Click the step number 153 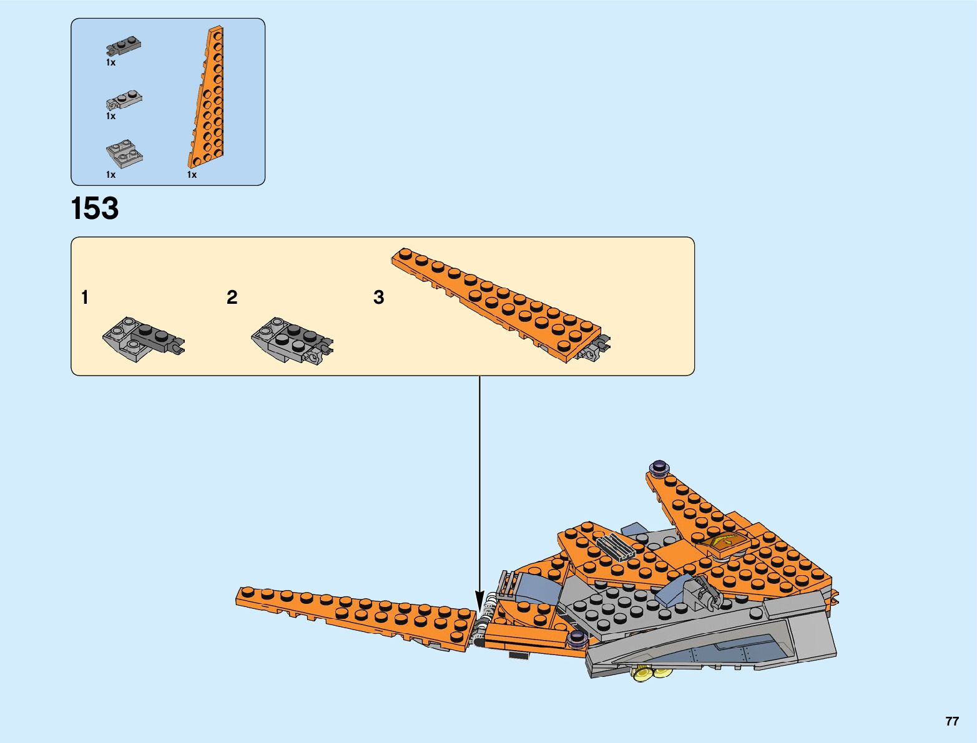95,209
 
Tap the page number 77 951,721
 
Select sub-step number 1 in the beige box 85,298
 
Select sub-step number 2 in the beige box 232,298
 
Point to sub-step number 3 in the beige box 378,298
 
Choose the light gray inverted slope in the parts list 124,154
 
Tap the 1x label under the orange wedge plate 192,175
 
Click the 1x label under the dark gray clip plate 110,63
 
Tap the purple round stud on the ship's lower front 576,638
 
